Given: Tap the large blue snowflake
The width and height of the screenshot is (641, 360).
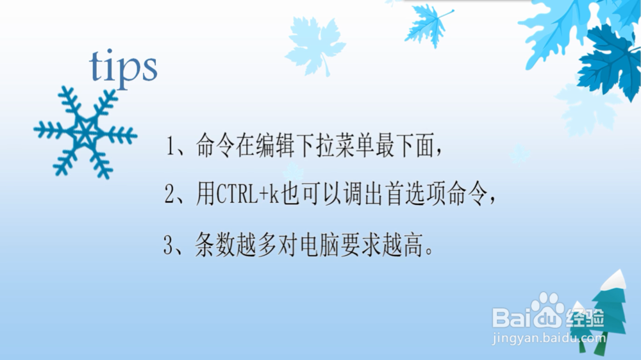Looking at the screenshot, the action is pyautogui.click(x=85, y=132).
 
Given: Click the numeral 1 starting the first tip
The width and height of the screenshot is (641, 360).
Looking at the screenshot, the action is pyautogui.click(x=171, y=146).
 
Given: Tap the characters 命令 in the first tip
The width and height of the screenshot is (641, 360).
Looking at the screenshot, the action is pyautogui.click(x=215, y=145).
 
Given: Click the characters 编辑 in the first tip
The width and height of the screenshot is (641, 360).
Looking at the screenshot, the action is pyautogui.click(x=276, y=145).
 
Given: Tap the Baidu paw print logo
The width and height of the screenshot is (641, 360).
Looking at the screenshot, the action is pyautogui.click(x=547, y=309).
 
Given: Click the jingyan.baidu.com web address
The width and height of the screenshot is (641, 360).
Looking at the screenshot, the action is pyautogui.click(x=549, y=338).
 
